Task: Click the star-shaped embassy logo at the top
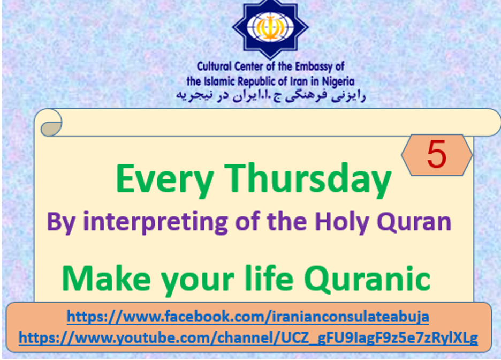coord(270,28)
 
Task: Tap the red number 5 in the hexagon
coord(436,154)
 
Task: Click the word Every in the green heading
coord(164,179)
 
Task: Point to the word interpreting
coord(155,222)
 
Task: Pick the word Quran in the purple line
coord(414,221)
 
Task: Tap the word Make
coord(106,278)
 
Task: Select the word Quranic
coord(367,279)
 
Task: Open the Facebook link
coord(248,317)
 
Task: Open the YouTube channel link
coord(248,338)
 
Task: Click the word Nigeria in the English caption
coord(338,81)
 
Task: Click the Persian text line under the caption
coord(271,95)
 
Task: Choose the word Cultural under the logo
coord(214,66)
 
